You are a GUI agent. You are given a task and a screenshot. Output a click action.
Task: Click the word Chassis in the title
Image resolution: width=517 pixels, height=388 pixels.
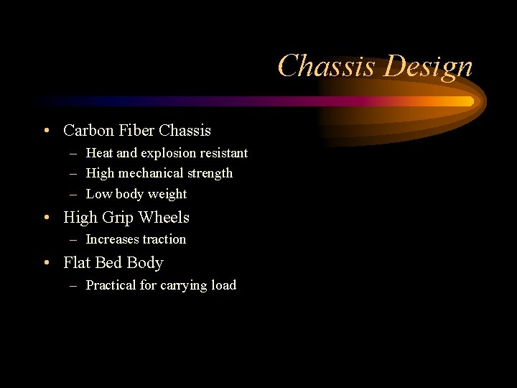click(327, 66)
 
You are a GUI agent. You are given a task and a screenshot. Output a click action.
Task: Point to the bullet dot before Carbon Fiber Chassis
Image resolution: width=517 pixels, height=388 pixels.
click(45, 131)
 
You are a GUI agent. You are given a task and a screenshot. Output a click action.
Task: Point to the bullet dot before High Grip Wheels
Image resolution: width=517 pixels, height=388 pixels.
click(45, 217)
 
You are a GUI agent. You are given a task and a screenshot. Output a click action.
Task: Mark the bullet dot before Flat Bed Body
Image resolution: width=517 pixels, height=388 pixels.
click(45, 263)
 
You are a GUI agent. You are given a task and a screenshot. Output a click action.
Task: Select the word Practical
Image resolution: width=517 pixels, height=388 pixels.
click(111, 285)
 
